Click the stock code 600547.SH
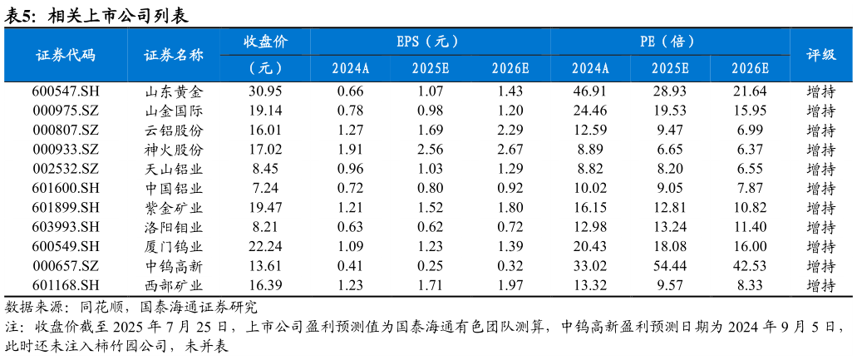coord(66,91)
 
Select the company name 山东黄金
coord(174,91)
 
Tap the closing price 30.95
coord(265,91)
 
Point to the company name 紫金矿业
coord(174,208)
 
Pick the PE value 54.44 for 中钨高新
coord(669,266)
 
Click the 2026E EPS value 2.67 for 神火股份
coord(510,150)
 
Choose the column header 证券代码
coord(66,55)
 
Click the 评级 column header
coord(821,55)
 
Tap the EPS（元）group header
coord(428,42)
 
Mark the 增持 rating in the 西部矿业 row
coord(821,285)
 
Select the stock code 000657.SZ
coord(66,266)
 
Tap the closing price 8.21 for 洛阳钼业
coord(265,227)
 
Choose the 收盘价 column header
coord(265,42)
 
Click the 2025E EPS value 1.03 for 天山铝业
coord(430,169)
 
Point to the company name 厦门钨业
coord(174,246)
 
